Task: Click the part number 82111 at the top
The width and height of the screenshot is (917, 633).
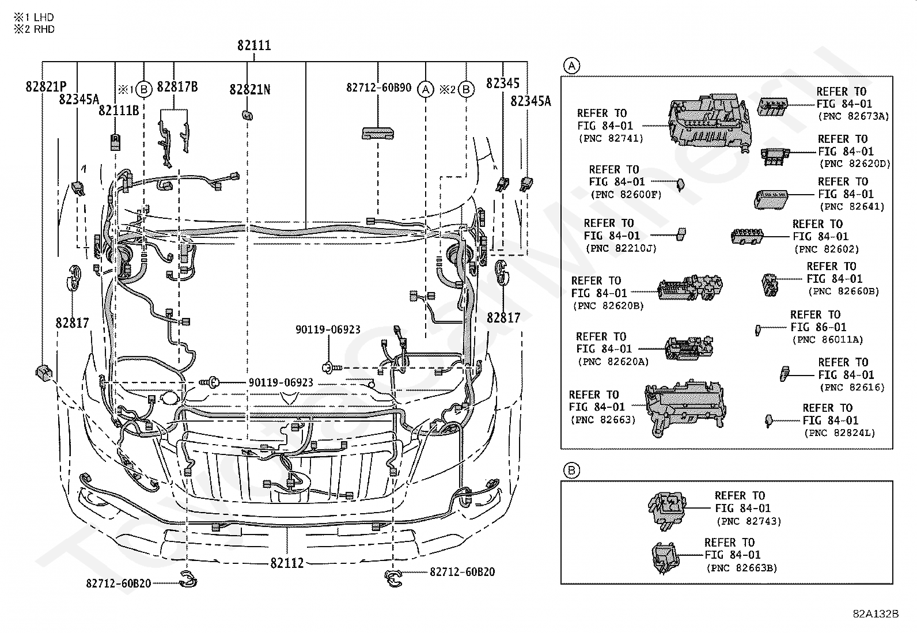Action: tap(254, 45)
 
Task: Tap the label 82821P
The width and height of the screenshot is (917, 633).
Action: tap(46, 87)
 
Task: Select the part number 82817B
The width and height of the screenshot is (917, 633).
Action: tap(177, 87)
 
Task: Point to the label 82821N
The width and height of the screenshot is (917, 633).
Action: tap(250, 89)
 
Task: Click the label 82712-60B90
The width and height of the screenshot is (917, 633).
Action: tap(378, 88)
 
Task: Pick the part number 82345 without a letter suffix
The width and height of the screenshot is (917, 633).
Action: tap(503, 83)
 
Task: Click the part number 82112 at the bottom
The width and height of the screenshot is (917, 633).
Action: tap(287, 563)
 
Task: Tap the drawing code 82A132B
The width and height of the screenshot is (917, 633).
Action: tap(876, 614)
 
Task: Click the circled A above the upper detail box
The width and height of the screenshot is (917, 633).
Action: tap(572, 66)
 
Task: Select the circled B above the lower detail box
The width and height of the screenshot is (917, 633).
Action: tap(571, 471)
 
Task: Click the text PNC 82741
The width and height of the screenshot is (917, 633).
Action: tap(611, 138)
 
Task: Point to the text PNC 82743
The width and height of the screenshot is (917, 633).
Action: tap(749, 521)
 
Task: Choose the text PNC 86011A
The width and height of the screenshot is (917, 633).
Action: tap(827, 340)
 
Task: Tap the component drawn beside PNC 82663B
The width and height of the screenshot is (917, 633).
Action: tap(664, 558)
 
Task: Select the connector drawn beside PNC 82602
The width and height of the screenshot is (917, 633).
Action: tap(747, 236)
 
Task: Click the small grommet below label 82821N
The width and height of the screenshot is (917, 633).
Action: tap(247, 115)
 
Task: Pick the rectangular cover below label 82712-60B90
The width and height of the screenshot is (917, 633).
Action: tap(378, 134)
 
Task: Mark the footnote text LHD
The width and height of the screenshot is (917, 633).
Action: tap(44, 17)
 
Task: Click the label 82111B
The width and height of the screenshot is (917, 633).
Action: tap(119, 111)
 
